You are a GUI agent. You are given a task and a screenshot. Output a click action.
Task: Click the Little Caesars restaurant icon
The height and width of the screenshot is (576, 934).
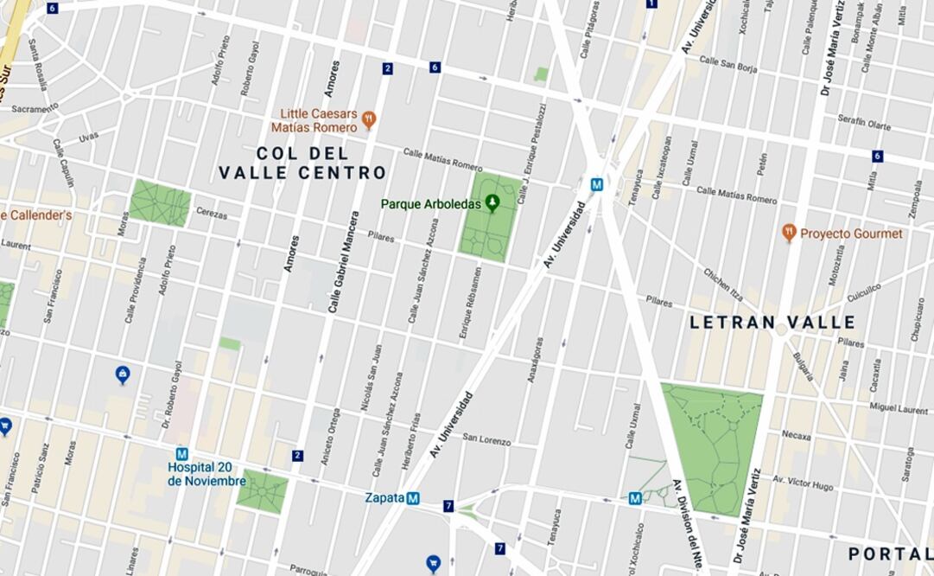(369, 119)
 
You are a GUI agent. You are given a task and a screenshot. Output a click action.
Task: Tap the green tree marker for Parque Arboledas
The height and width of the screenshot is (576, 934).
(492, 203)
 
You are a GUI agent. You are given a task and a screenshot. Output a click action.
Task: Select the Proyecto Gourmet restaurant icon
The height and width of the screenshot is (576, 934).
(788, 233)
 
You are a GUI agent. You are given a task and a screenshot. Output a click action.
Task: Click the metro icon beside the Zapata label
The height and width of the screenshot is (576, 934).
(413, 498)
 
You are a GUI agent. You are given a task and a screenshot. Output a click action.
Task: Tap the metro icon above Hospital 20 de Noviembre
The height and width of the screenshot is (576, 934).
(181, 454)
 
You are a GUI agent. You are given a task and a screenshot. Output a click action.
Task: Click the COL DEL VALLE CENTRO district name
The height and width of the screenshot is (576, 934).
(302, 163)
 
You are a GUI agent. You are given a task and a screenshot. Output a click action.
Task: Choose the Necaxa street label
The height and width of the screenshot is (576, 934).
(796, 437)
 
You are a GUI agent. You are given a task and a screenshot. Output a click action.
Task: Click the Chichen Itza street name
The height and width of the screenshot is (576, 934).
(722, 284)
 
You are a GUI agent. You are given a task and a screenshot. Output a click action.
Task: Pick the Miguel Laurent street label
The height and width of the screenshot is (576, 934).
(898, 407)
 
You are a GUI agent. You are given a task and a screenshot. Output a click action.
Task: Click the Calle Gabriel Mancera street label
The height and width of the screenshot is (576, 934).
(341, 261)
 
